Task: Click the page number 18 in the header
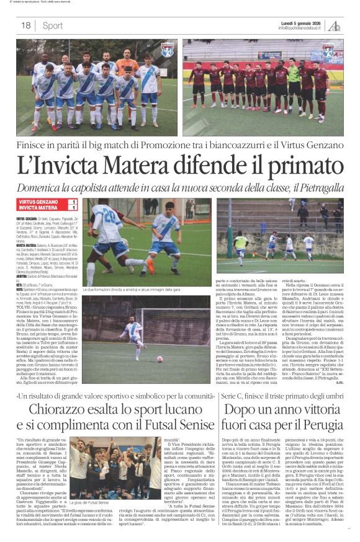[x=25, y=25]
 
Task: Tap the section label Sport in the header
[x=53, y=25]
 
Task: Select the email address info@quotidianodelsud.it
[x=302, y=29]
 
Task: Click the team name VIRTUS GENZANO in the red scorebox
[x=38, y=202]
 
